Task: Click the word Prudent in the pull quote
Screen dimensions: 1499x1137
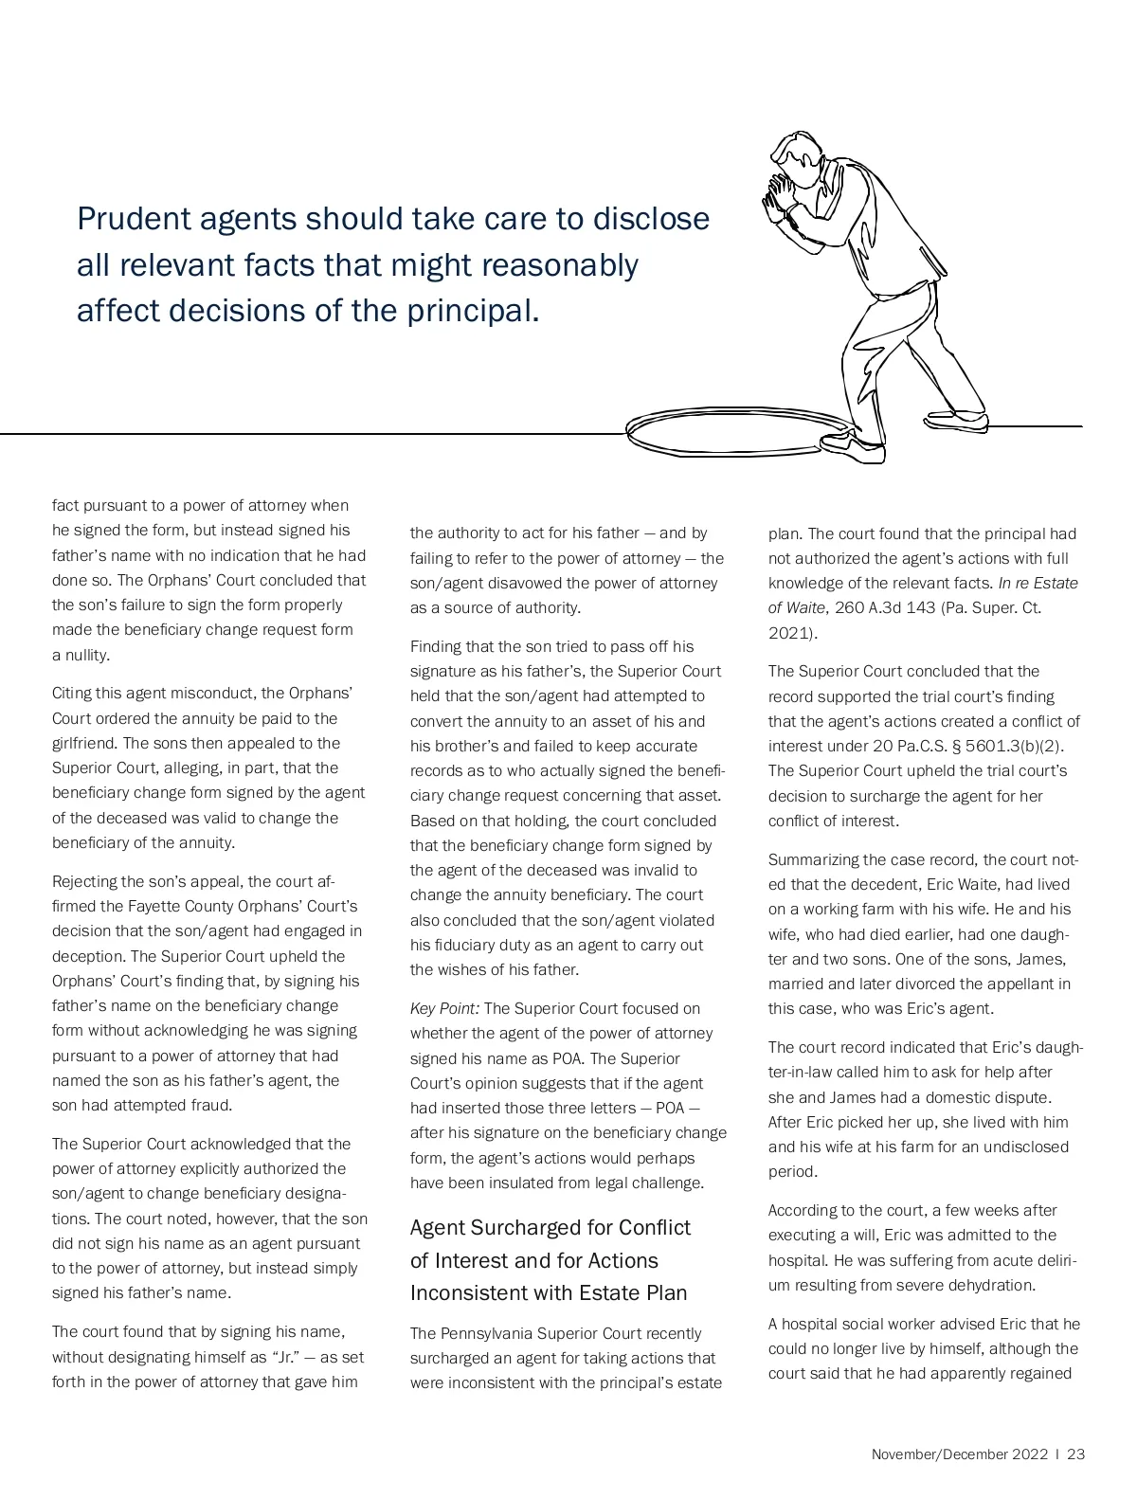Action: (134, 219)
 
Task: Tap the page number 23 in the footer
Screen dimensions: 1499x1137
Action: (1075, 1454)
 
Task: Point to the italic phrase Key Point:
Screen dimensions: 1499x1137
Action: (444, 1008)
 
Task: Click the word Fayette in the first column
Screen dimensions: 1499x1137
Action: (177, 906)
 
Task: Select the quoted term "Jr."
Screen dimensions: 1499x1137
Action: (289, 1357)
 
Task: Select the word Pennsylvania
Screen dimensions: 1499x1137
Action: (491, 1333)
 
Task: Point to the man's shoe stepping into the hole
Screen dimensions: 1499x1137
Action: (854, 448)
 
